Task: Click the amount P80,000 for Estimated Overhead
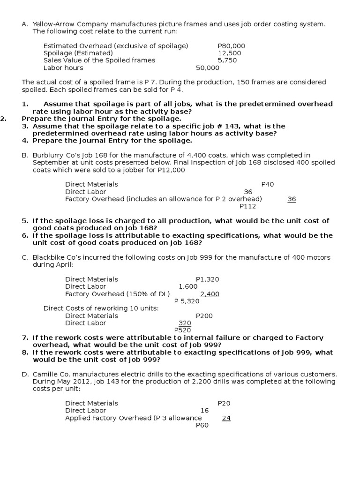tap(231, 46)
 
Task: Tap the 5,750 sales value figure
tap(227, 60)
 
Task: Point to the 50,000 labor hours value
tap(208, 67)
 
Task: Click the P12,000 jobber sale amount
tap(171, 170)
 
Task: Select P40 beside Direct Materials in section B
tap(267, 184)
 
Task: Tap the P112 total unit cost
tap(247, 206)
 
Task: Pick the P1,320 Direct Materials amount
tap(207, 279)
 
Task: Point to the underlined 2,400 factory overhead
tap(210, 294)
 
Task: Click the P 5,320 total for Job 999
tap(187, 301)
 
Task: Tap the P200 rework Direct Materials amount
tap(204, 315)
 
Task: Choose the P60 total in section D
tap(202, 425)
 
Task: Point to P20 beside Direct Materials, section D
tap(224, 403)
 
